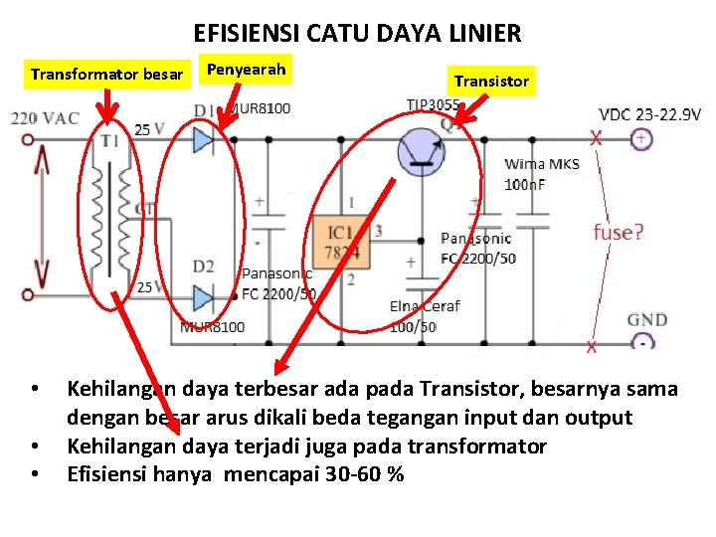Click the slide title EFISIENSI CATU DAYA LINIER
click(357, 34)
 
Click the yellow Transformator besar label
click(107, 75)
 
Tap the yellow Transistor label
click(491, 81)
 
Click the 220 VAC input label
click(46, 117)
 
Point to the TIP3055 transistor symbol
click(421, 150)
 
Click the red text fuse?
click(619, 233)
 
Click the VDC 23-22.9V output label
click(649, 114)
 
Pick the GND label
click(646, 320)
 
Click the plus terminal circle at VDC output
click(641, 139)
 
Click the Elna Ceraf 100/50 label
click(425, 316)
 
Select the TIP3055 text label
click(433, 104)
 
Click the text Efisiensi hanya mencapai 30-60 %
click(235, 473)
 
